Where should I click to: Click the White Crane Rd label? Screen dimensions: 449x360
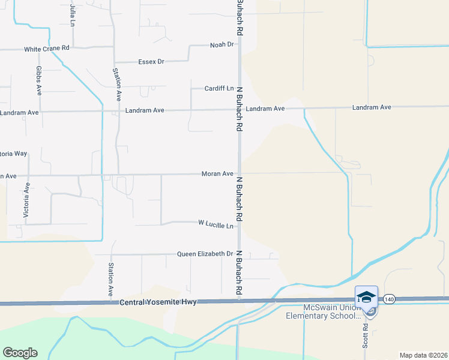tap(47, 49)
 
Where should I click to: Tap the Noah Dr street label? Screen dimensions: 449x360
tap(221, 45)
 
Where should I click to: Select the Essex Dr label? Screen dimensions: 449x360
tap(151, 62)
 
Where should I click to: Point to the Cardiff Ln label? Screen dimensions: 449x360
tap(218, 88)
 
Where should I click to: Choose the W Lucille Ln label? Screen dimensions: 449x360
tap(215, 223)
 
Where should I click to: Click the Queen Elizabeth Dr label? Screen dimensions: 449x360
tap(204, 254)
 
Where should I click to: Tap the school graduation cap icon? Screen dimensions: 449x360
tap(366, 297)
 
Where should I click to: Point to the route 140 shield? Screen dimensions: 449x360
tap(389, 298)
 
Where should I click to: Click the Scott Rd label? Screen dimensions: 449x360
tap(365, 335)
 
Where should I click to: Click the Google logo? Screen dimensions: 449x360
tap(20, 352)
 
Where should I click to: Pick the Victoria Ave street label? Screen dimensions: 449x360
tap(26, 204)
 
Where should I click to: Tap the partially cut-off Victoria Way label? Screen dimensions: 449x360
tap(13, 154)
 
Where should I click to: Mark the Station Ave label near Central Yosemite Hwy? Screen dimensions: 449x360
tap(111, 280)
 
